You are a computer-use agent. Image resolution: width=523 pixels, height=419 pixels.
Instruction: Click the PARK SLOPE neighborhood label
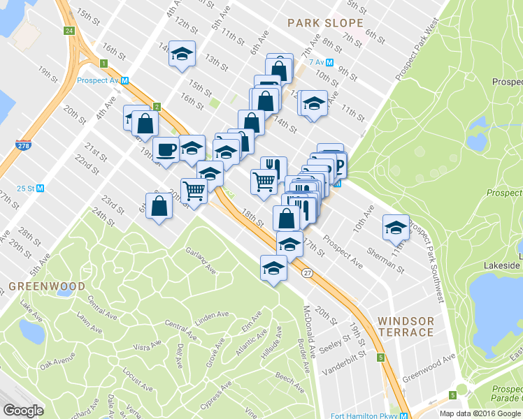pos(326,23)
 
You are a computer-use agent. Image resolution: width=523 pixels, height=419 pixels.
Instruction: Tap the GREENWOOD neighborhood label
pos(48,286)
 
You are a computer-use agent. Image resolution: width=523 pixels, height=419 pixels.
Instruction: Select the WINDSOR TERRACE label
pos(406,326)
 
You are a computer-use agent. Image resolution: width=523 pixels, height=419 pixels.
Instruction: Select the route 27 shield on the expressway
pos(307,273)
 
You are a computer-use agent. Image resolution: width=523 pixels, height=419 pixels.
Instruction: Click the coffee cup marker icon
pos(166,149)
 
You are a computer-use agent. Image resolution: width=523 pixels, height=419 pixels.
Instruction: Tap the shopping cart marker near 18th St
pos(264,182)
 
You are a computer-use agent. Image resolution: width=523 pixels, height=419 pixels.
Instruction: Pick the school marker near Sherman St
pos(396,226)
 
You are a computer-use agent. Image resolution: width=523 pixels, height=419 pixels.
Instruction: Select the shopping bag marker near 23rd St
pos(160,205)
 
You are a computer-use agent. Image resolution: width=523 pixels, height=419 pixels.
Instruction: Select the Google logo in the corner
pos(24,410)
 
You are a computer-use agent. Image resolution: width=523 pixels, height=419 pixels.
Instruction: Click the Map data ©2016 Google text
pos(480,413)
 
